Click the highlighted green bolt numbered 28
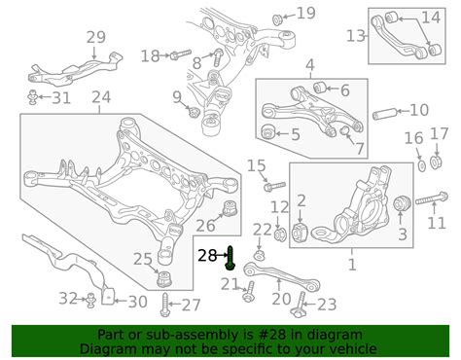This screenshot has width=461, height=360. (230, 258)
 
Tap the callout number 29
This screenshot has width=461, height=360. (96, 37)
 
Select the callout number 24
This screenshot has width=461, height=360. (101, 96)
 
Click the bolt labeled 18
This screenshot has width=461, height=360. (180, 54)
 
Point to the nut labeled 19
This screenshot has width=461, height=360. (278, 19)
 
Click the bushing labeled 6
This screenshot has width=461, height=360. (320, 88)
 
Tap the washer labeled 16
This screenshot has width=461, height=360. (422, 166)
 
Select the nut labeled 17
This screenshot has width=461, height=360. (436, 162)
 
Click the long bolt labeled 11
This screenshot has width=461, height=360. (432, 198)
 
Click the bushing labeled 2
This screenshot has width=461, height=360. (300, 233)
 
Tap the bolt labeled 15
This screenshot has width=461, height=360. (275, 186)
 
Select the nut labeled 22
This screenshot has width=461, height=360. (259, 255)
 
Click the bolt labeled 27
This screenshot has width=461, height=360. (164, 305)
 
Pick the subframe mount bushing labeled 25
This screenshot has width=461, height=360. (164, 279)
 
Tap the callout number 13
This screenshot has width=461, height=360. (356, 36)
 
